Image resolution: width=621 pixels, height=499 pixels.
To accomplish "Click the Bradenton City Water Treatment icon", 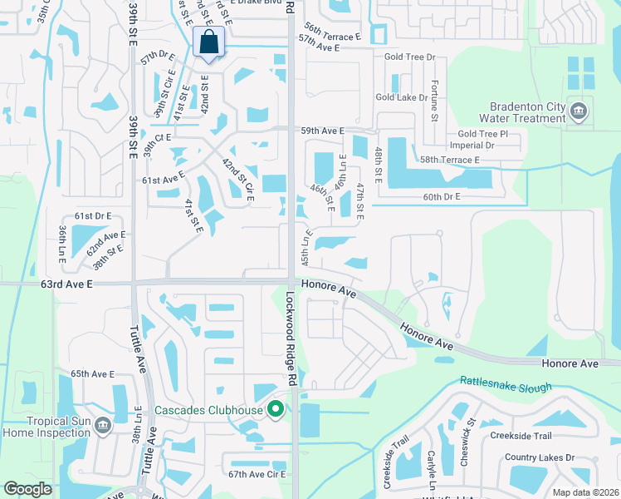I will (x=578, y=109).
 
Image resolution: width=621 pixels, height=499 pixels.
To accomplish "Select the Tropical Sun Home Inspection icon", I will (x=102, y=426).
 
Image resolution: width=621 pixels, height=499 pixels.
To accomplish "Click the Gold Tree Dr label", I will (x=410, y=57).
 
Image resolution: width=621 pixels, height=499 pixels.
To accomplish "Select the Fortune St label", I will (x=433, y=100).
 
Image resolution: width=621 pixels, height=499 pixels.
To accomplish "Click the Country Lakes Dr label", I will (x=540, y=457).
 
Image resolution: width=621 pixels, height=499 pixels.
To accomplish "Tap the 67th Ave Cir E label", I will (x=257, y=474).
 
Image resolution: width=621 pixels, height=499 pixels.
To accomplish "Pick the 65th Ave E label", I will (x=91, y=374).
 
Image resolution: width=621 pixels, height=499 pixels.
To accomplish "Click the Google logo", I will (x=27, y=489).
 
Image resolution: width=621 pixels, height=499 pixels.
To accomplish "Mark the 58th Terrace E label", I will (x=450, y=160).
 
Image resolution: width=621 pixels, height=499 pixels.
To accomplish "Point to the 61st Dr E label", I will (x=92, y=215).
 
